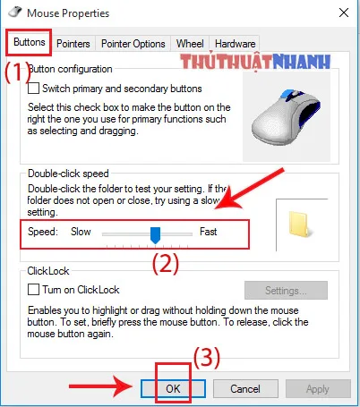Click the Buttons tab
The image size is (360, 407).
pyautogui.click(x=29, y=42)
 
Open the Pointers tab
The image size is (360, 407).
pyautogui.click(x=73, y=43)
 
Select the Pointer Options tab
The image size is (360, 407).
pyautogui.click(x=133, y=43)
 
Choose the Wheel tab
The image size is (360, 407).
pyautogui.click(x=190, y=43)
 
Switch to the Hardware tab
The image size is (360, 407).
pyautogui.click(x=235, y=43)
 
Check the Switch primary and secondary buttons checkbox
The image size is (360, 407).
pyautogui.click(x=35, y=89)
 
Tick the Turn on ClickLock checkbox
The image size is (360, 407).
pyautogui.click(x=35, y=290)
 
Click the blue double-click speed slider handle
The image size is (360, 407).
pyautogui.click(x=155, y=234)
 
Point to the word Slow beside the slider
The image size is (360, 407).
pyautogui.click(x=81, y=232)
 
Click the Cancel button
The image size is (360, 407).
pyautogui.click(x=244, y=389)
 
